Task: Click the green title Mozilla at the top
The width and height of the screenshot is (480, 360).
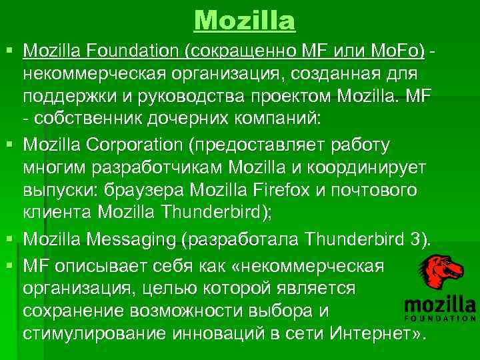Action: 245,21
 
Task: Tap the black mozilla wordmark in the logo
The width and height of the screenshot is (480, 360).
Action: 440,308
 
